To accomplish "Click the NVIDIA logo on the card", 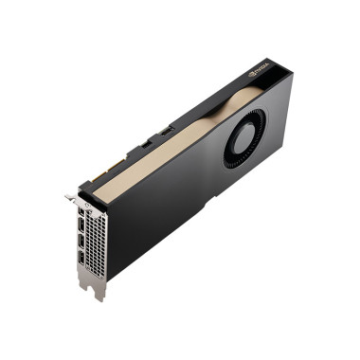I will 259,72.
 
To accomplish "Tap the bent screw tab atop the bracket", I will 72,198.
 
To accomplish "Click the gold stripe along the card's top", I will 171,142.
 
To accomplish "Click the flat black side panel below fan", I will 189,204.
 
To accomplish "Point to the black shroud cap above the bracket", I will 95,189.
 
